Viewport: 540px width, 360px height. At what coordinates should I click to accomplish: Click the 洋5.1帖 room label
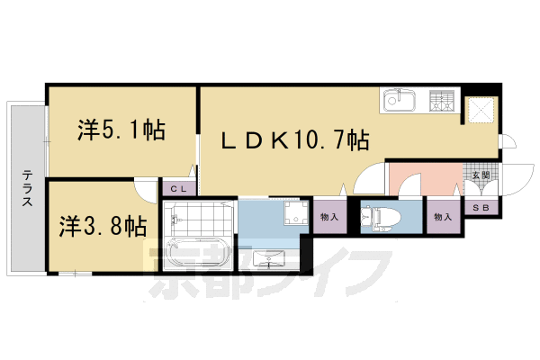pyautogui.click(x=120, y=130)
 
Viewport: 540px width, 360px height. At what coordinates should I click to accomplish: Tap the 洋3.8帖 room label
pyautogui.click(x=103, y=225)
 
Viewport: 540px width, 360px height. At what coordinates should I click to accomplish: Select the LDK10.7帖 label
pyautogui.click(x=295, y=139)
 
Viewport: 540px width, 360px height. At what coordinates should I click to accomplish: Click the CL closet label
pyautogui.click(x=177, y=188)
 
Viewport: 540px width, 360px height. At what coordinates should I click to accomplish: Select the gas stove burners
pyautogui.click(x=442, y=102)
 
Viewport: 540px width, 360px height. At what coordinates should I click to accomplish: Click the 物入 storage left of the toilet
pyautogui.click(x=329, y=217)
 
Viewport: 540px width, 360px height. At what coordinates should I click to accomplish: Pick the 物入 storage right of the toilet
pyautogui.click(x=441, y=217)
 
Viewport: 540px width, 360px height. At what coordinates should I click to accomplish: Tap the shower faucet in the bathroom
pyautogui.click(x=174, y=219)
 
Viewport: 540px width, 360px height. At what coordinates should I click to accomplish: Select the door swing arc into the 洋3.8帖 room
pyautogui.click(x=144, y=187)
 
